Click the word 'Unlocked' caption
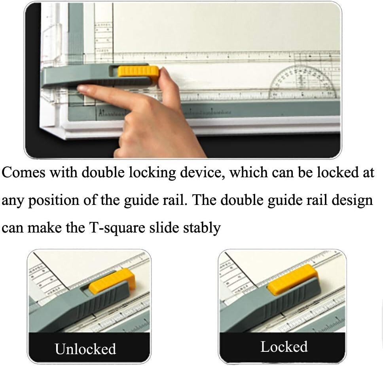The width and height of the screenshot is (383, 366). click(85, 349)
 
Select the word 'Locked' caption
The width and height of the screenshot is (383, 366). click(284, 347)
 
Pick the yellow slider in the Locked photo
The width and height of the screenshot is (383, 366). click(292, 280)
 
